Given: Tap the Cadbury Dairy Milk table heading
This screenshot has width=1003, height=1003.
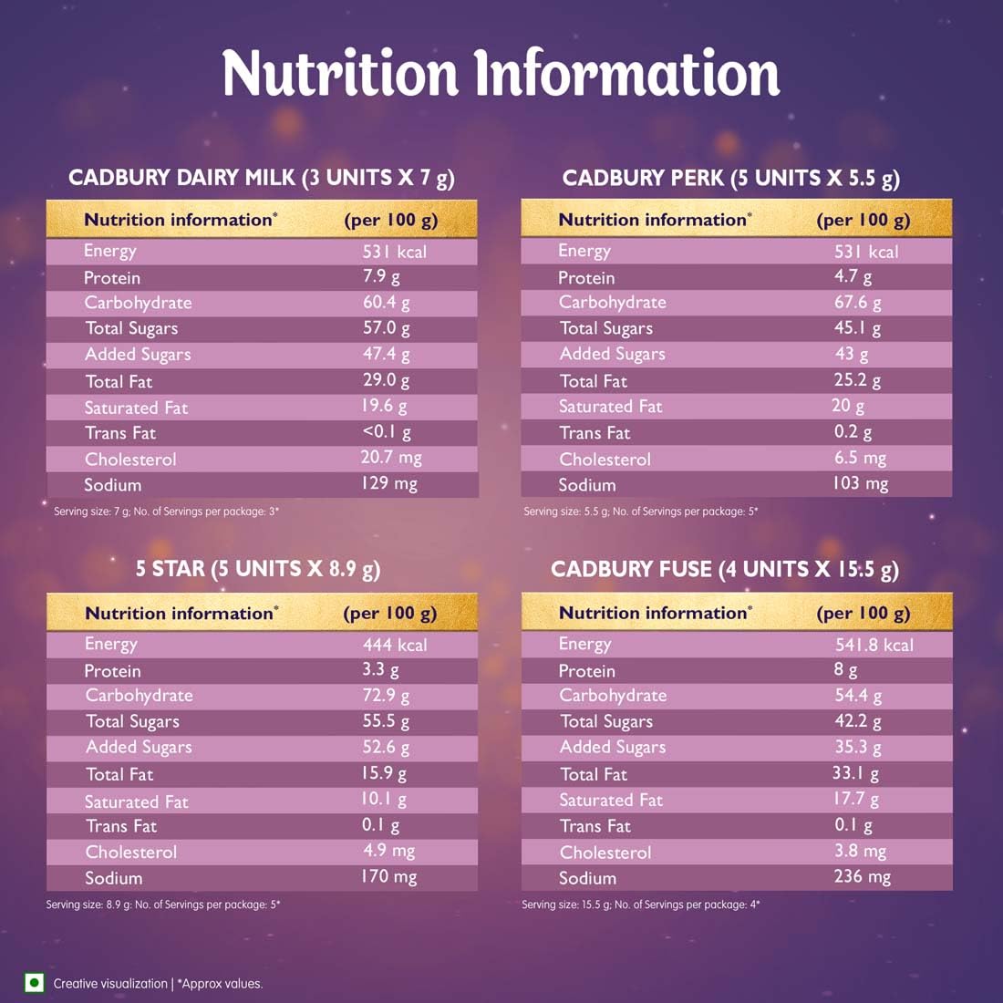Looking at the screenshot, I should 261,177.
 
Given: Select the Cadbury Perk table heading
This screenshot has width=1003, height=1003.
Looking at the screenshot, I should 730,177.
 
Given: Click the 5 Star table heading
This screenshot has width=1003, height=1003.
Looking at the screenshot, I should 257,569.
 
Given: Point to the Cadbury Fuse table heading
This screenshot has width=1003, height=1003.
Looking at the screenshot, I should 724,569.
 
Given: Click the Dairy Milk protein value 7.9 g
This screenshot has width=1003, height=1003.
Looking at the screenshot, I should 381,276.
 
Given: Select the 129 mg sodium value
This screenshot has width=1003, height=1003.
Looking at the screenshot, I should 388,484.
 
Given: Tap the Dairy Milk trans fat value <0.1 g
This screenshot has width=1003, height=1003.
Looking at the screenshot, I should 386,432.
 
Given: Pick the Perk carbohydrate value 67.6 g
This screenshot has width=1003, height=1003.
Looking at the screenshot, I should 857,302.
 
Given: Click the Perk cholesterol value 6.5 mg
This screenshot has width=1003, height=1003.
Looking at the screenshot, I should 859,459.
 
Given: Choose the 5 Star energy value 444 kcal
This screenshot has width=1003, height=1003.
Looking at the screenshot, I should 394,645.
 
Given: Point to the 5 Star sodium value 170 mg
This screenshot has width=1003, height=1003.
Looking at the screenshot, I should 388,877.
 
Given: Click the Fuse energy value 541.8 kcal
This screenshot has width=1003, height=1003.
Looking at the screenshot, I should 874,645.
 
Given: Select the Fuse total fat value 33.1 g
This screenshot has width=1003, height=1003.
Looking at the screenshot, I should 855,774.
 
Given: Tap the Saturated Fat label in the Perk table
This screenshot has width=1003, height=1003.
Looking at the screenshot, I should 611,407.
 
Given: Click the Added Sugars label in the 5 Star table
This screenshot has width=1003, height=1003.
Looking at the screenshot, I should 139,748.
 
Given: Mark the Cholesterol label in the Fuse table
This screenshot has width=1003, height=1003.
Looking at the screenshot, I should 605,853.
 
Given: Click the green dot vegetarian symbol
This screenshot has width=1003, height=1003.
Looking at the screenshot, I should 35,982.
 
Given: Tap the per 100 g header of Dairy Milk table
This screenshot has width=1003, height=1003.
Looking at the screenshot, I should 390,220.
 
